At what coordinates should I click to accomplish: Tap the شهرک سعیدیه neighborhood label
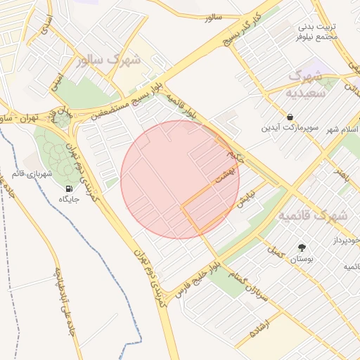pyautogui.click(x=307, y=83)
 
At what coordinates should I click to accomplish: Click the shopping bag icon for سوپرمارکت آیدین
pyautogui.click(x=290, y=116)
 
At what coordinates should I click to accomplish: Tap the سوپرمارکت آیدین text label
pyautogui.click(x=290, y=128)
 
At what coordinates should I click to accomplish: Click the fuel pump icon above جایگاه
pyautogui.click(x=68, y=188)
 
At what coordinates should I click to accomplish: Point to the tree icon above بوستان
pyautogui.click(x=302, y=247)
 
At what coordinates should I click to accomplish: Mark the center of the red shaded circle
pyautogui.click(x=180, y=179)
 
